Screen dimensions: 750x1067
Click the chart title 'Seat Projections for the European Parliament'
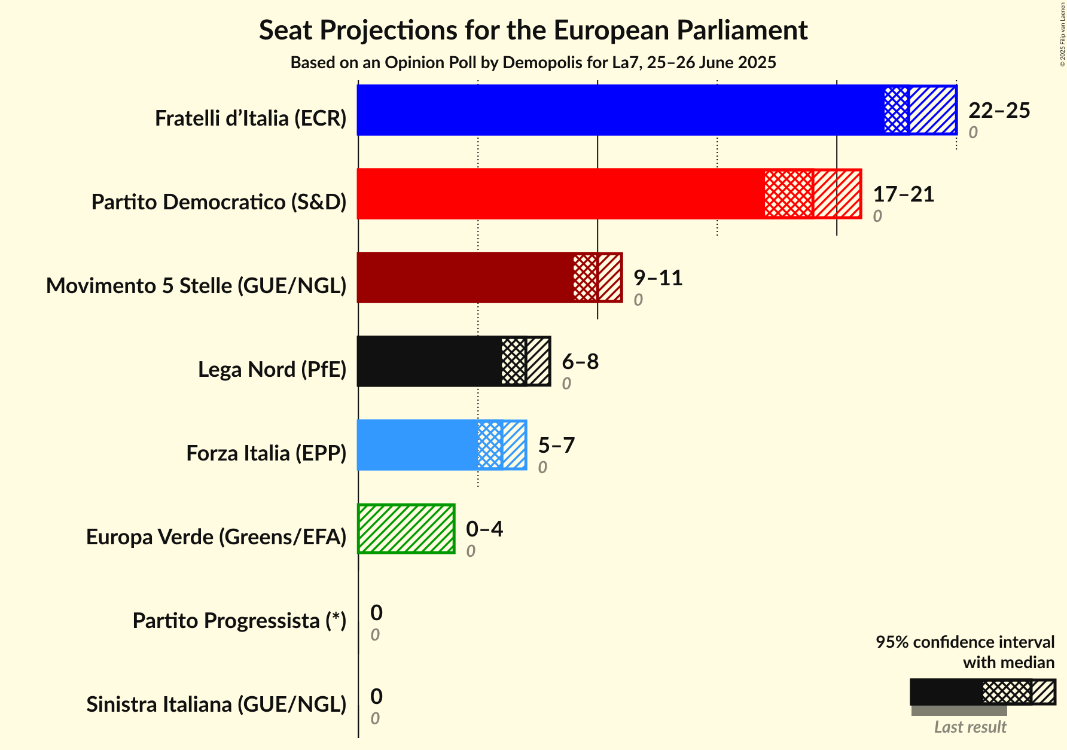click(533, 31)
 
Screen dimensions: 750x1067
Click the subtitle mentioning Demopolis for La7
click(533, 63)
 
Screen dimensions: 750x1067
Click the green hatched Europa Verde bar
click(406, 529)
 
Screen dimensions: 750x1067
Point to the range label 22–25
click(999, 111)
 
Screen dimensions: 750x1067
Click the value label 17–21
click(903, 194)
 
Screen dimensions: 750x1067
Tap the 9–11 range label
click(658, 278)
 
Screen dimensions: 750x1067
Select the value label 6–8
click(580, 362)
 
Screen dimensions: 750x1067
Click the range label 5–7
click(556, 446)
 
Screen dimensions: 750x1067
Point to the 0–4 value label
click(484, 529)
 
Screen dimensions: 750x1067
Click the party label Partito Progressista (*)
click(239, 621)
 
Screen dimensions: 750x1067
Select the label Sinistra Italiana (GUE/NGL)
click(217, 705)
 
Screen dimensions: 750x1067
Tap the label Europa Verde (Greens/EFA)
click(217, 537)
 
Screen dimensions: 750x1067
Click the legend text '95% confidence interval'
click(965, 642)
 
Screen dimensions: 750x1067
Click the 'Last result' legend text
click(970, 727)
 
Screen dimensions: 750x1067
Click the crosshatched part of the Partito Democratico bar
click(788, 194)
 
